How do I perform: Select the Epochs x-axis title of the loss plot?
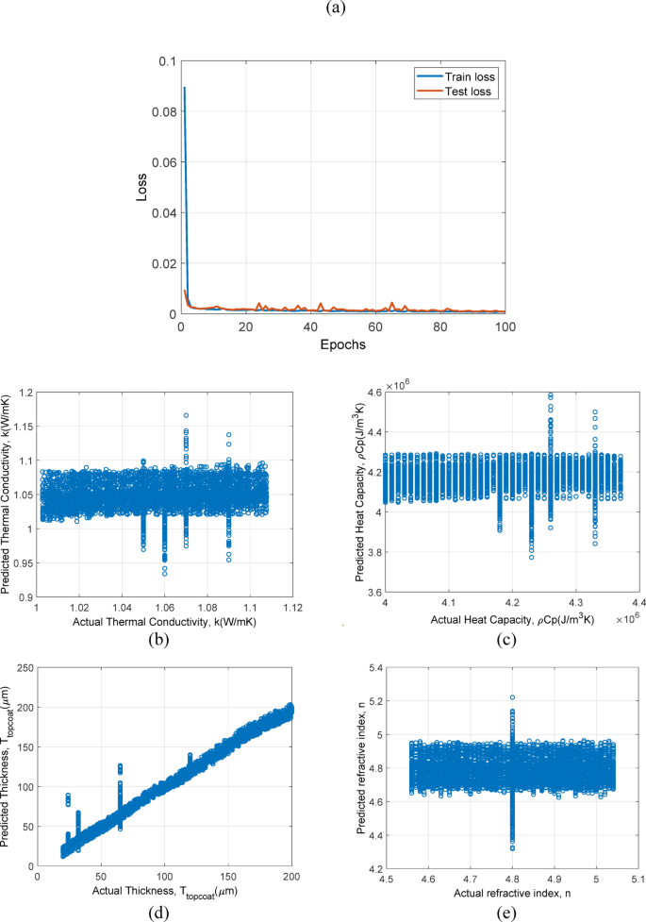tap(342, 344)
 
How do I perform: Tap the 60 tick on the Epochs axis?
tap(376, 327)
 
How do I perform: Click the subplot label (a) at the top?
tap(323, 8)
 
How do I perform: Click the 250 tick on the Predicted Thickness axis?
tap(20, 667)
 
